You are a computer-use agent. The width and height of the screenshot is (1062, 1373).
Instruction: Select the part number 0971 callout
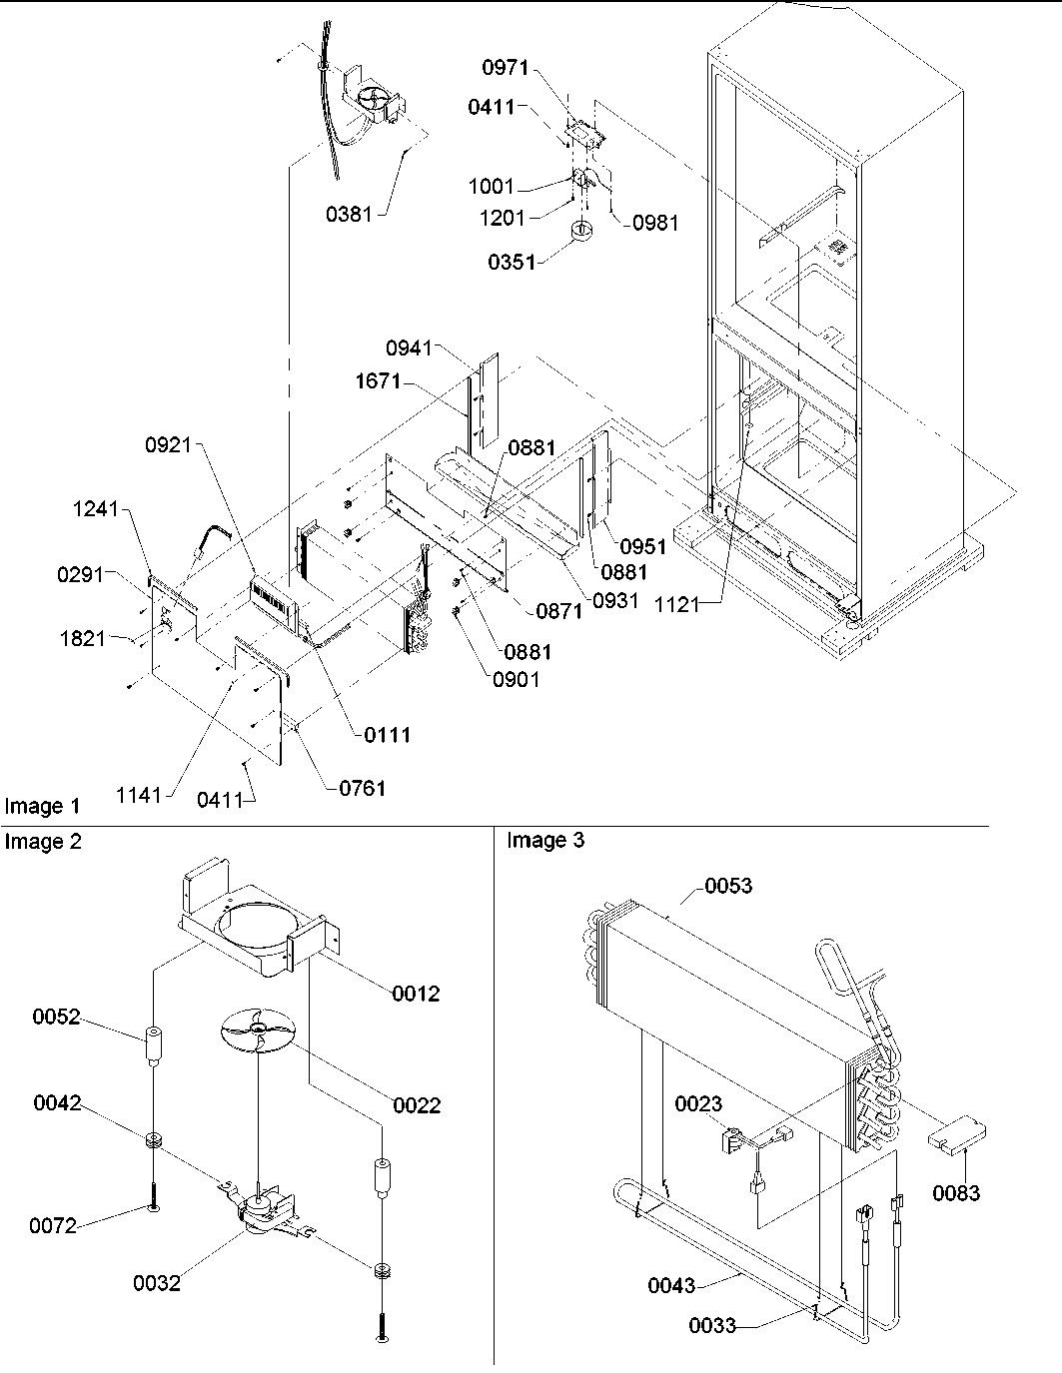pos(507,68)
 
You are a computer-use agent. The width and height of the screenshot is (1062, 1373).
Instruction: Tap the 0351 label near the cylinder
pos(512,262)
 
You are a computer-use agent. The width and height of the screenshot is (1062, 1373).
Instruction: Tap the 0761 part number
pos(361,788)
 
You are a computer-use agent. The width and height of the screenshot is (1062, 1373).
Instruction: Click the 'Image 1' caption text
pos(42,806)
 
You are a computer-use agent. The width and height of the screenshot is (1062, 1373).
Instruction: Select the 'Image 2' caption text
pos(42,842)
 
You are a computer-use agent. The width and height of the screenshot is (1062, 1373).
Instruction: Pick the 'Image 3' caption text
pos(545,841)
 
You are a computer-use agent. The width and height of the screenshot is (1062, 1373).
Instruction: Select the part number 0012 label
pos(416,994)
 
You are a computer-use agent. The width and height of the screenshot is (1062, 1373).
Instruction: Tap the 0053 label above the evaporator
pos(728,886)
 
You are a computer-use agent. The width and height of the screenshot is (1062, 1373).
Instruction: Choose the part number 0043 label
pos(671,1285)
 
